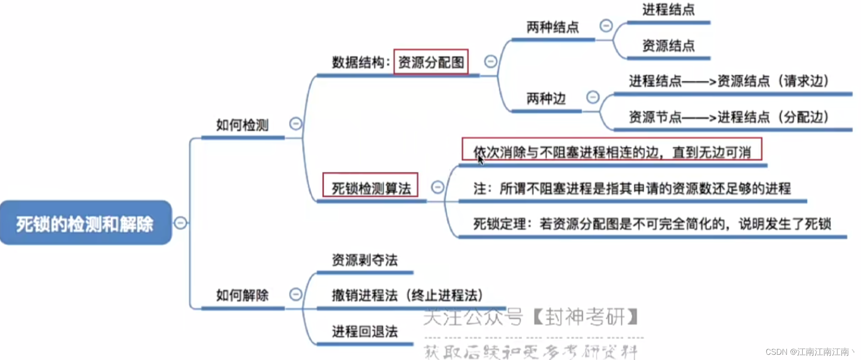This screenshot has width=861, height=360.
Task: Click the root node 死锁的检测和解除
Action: pos(85,223)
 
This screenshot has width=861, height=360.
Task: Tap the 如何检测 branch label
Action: pos(242,125)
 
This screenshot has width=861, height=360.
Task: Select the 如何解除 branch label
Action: pos(242,295)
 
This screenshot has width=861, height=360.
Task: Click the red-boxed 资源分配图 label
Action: pos(431,62)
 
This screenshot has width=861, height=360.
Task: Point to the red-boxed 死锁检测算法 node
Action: pos(371,188)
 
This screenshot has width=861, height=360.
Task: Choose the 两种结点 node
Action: pos(552,27)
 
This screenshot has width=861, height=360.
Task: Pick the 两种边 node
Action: pos(546,99)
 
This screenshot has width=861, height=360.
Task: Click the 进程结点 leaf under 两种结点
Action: pos(668,10)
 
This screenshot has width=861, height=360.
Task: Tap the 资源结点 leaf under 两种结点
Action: pos(668,46)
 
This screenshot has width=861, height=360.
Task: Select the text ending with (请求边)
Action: pos(729,81)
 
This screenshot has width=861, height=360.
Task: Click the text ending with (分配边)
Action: pos(729,117)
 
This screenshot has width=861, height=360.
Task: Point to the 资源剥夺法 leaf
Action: pos(365,260)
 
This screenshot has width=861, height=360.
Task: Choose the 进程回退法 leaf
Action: pos(365,332)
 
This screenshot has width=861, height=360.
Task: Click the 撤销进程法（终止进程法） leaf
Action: pos(407,296)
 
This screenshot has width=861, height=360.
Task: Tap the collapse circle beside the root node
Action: pos(180,223)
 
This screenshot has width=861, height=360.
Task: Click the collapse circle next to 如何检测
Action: pos(296,124)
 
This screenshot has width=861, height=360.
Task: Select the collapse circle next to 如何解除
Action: pos(296,294)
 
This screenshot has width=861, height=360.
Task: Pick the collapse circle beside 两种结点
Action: pos(606,26)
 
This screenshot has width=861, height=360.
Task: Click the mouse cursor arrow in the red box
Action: pos(480,159)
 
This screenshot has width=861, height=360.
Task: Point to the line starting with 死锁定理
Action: pos(652,224)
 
